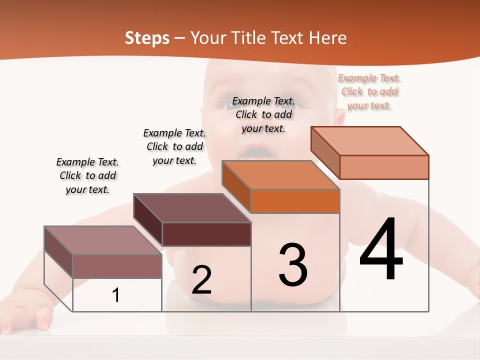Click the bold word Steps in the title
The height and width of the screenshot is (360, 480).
147,38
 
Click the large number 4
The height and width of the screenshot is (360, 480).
381,249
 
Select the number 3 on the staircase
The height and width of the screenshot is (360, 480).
293,265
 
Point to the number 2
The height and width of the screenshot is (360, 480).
202,280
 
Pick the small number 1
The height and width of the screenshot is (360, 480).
116,295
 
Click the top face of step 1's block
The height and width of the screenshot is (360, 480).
102,240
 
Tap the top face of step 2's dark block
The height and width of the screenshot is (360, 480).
191,207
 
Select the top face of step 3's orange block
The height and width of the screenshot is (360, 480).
280,175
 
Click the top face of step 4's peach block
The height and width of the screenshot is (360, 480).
370,141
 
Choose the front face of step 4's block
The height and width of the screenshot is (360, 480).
384,167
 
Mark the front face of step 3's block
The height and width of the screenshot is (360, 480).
295,201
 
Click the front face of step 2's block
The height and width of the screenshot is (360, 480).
206,234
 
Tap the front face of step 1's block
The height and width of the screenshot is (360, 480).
117,266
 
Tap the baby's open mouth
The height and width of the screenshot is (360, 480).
256,150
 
